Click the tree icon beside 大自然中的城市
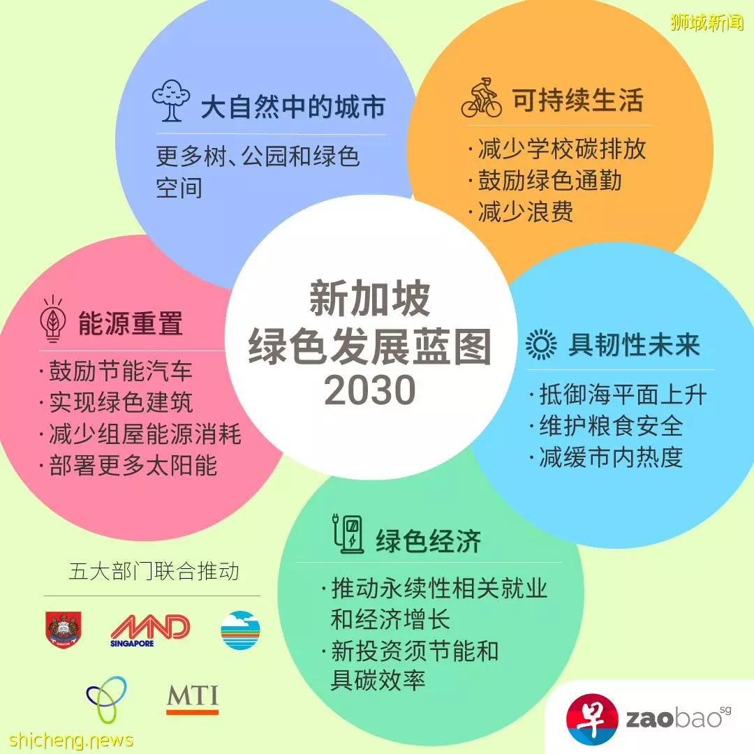[x=171, y=100]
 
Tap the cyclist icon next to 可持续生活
[x=481, y=98]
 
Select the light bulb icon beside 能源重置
[x=53, y=319]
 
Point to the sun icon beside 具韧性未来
[x=541, y=344]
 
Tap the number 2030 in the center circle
[x=370, y=390]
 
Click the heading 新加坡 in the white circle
[x=369, y=299]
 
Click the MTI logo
[x=193, y=699]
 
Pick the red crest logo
[x=64, y=630]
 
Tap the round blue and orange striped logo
[x=240, y=630]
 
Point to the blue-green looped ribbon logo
[x=107, y=699]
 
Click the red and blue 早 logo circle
[x=592, y=719]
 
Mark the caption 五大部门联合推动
[x=154, y=571]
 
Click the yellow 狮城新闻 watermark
[x=707, y=22]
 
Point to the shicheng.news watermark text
[x=71, y=739]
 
